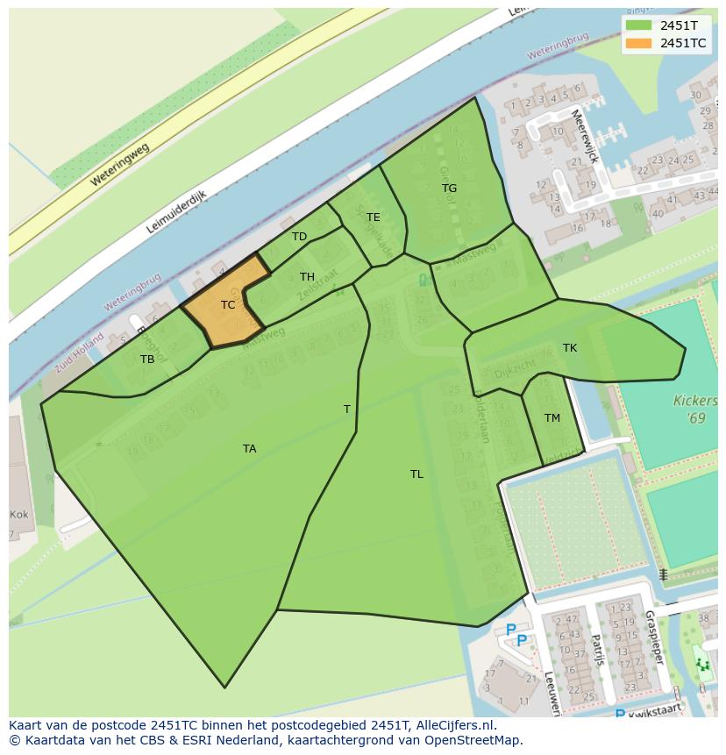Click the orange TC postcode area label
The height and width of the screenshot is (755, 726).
click(x=228, y=305)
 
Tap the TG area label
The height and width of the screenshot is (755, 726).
click(x=449, y=189)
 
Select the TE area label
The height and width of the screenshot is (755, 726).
click(x=374, y=217)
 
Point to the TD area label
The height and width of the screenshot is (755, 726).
click(x=300, y=237)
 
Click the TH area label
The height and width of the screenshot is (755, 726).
click(x=307, y=277)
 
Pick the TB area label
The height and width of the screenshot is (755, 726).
click(x=147, y=360)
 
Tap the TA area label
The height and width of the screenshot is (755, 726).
click(x=250, y=449)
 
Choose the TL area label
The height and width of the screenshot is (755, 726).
click(x=416, y=474)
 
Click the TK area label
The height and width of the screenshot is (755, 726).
click(x=570, y=348)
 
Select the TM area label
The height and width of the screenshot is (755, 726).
click(x=552, y=418)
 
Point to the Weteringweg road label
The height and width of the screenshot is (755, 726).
click(x=120, y=164)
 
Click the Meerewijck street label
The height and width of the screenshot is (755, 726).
click(x=583, y=137)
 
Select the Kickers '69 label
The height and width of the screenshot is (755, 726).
click(x=694, y=410)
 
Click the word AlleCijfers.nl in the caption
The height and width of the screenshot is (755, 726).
click(x=456, y=725)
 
